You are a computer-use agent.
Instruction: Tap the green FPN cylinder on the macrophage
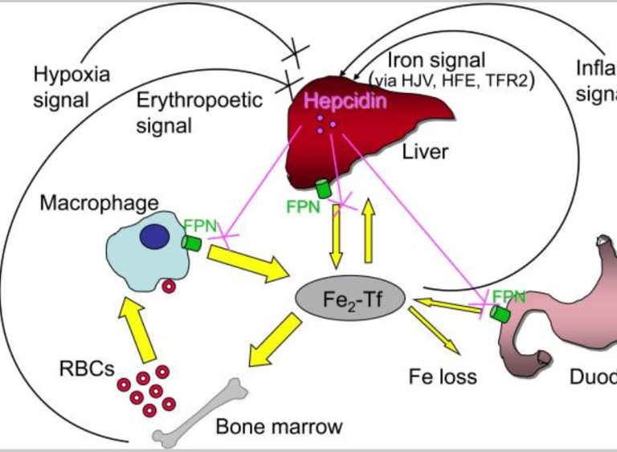[x=192, y=242]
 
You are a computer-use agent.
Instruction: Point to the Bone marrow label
[x=280, y=426]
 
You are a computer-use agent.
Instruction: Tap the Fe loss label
[x=443, y=376]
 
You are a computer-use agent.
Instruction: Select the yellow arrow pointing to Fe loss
[x=435, y=330]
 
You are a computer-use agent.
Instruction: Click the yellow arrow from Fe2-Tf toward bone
[x=274, y=342]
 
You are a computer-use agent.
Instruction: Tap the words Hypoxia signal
[x=72, y=88]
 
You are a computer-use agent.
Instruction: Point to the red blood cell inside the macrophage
[x=170, y=287]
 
